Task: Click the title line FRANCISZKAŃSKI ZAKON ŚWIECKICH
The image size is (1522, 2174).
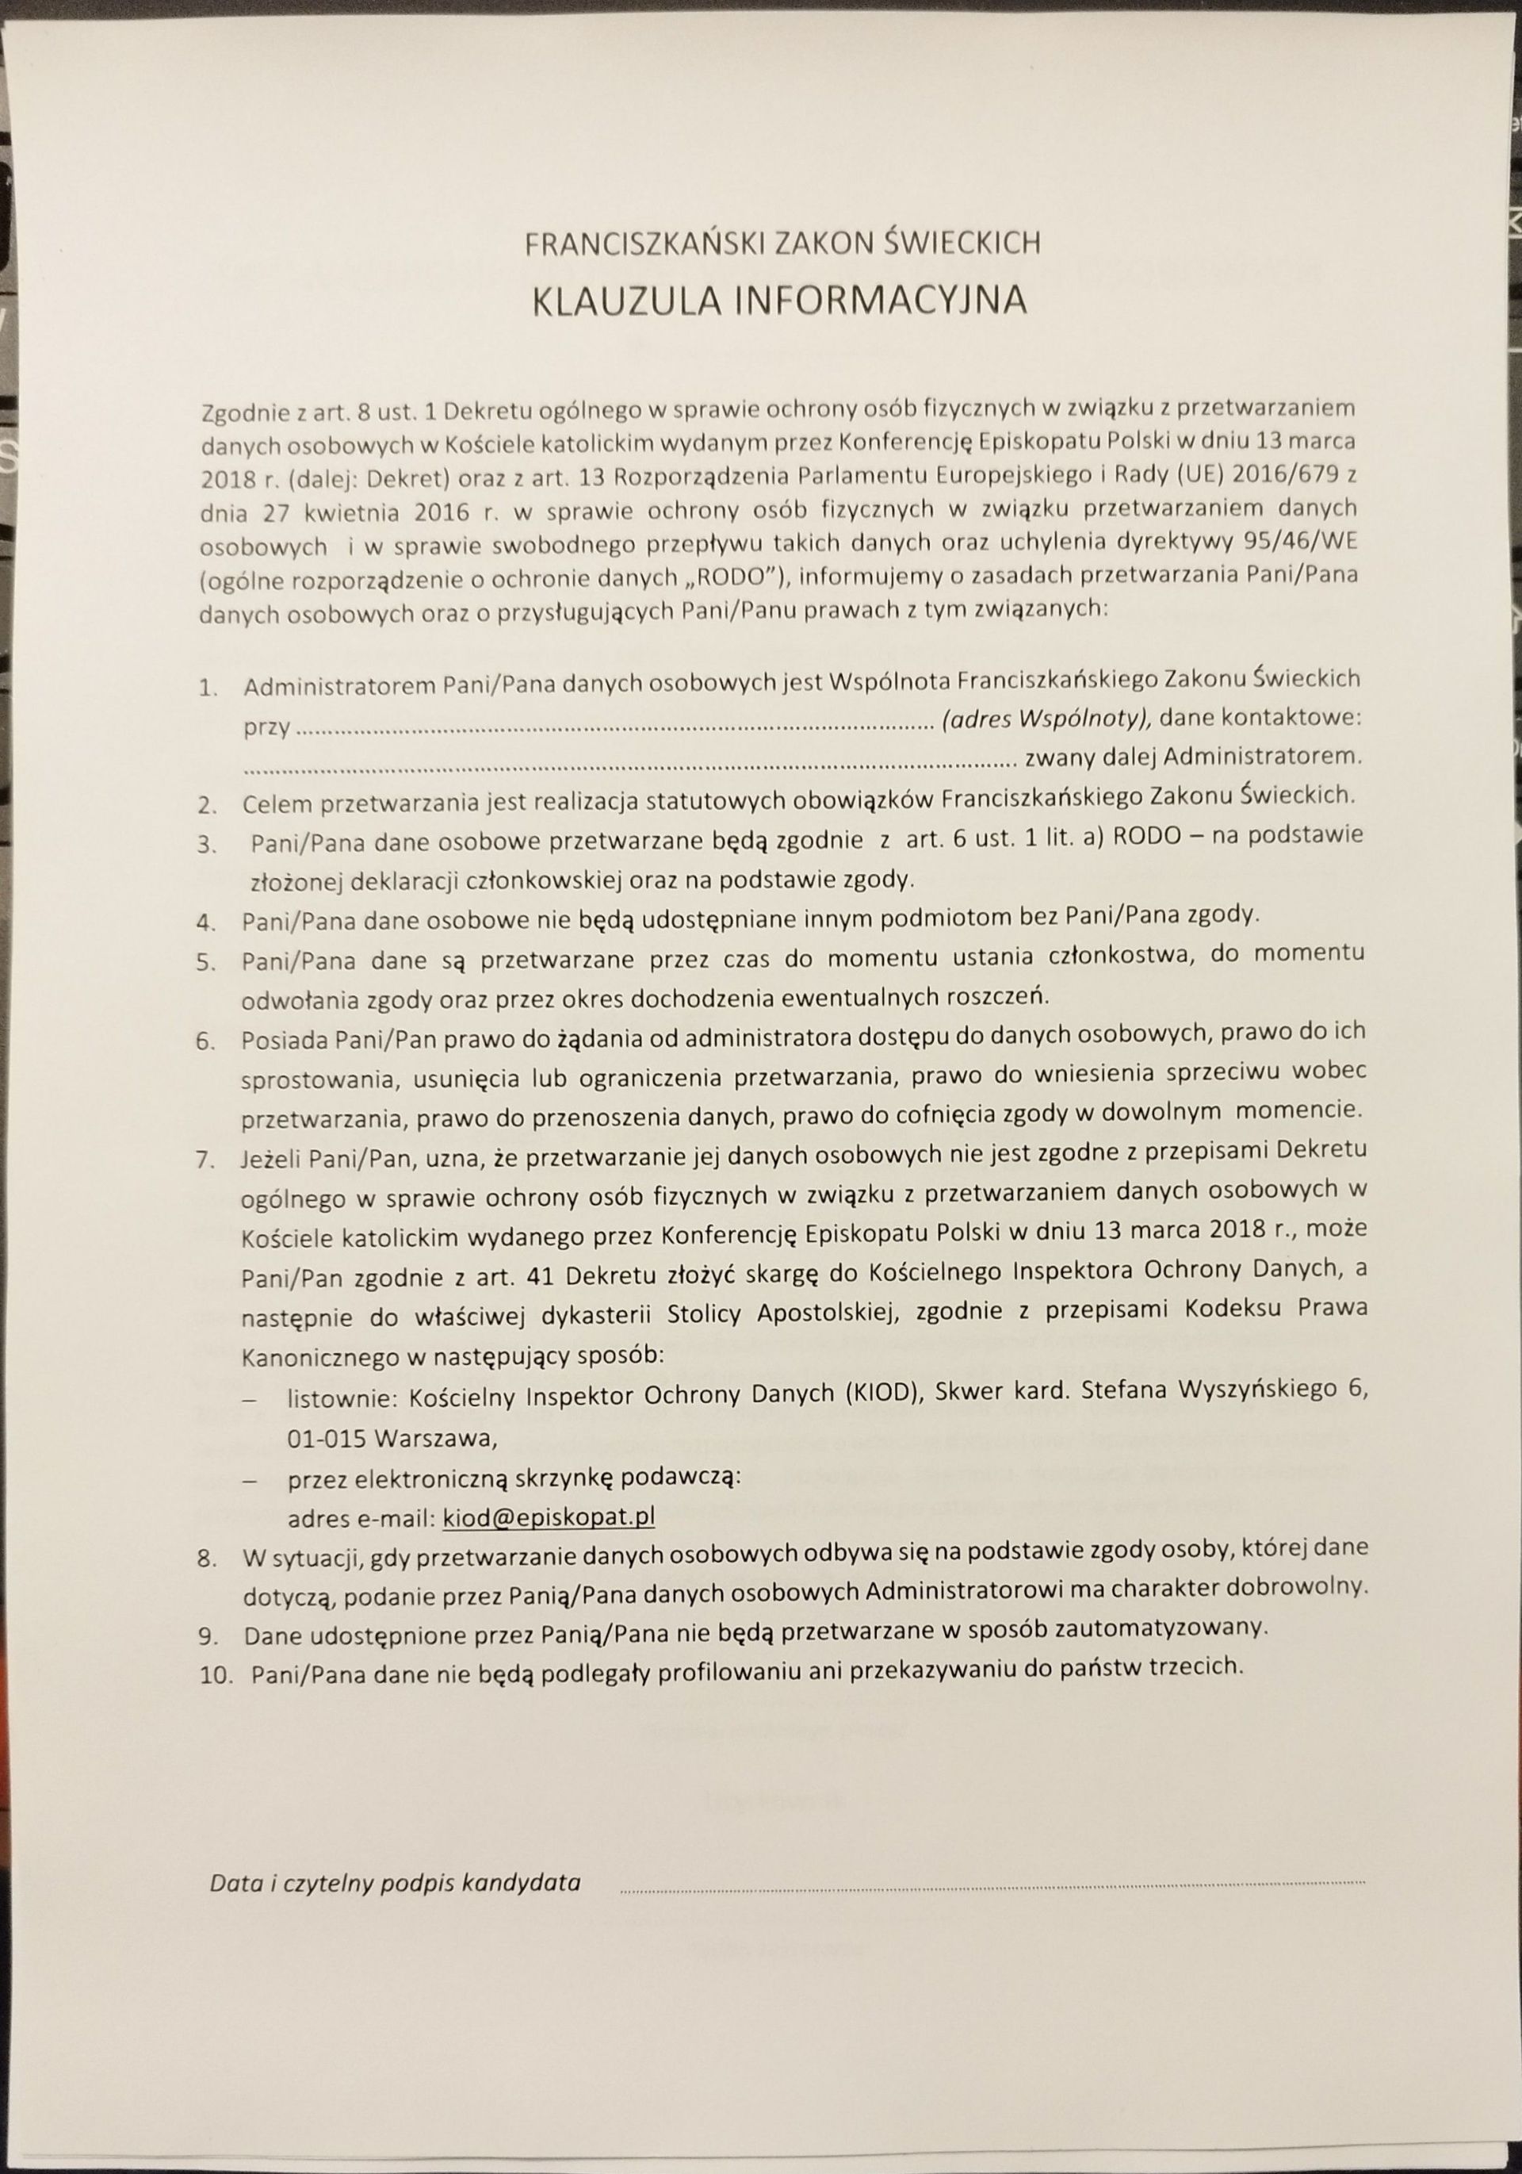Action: (782, 244)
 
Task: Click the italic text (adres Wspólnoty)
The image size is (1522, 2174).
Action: (1046, 718)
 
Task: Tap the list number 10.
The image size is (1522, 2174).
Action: (216, 1675)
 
